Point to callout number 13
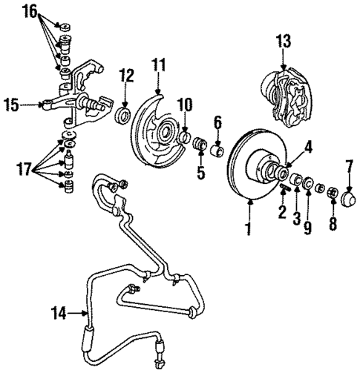coord(284,39)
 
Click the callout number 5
coord(198,173)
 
